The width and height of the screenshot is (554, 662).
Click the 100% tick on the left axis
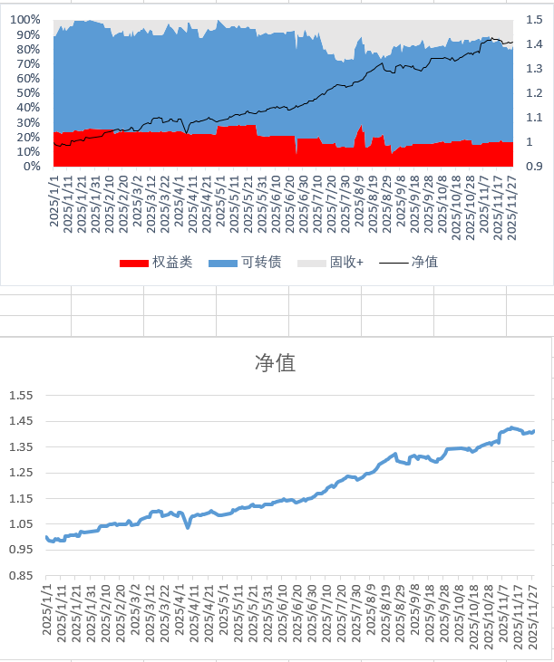click(x=24, y=20)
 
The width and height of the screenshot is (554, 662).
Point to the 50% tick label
click(x=27, y=93)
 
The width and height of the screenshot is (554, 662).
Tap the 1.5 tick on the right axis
click(x=534, y=20)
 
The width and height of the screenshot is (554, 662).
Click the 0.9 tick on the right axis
click(x=534, y=167)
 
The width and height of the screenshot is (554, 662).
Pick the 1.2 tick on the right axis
click(x=534, y=93)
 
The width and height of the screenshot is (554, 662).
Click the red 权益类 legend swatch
click(x=133, y=263)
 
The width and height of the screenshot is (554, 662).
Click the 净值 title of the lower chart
click(x=277, y=364)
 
